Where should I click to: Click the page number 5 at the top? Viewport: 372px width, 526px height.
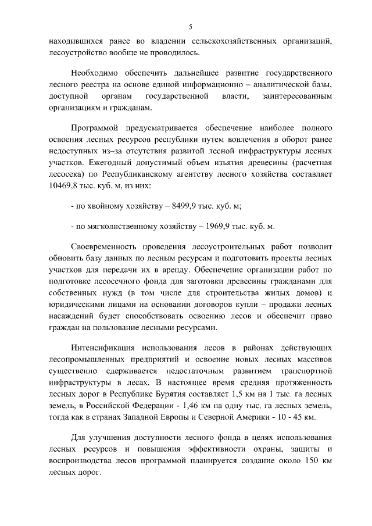coord(190,26)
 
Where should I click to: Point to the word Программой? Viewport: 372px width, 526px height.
coord(95,127)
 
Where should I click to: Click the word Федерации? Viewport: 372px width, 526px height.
coord(139,405)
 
